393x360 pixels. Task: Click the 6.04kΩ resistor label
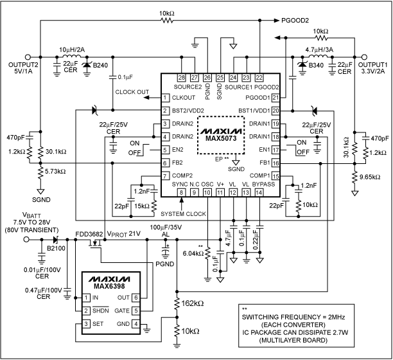pos(192,253)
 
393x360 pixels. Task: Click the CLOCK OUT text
pos(132,91)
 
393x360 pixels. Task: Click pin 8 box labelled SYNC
pos(182,193)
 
